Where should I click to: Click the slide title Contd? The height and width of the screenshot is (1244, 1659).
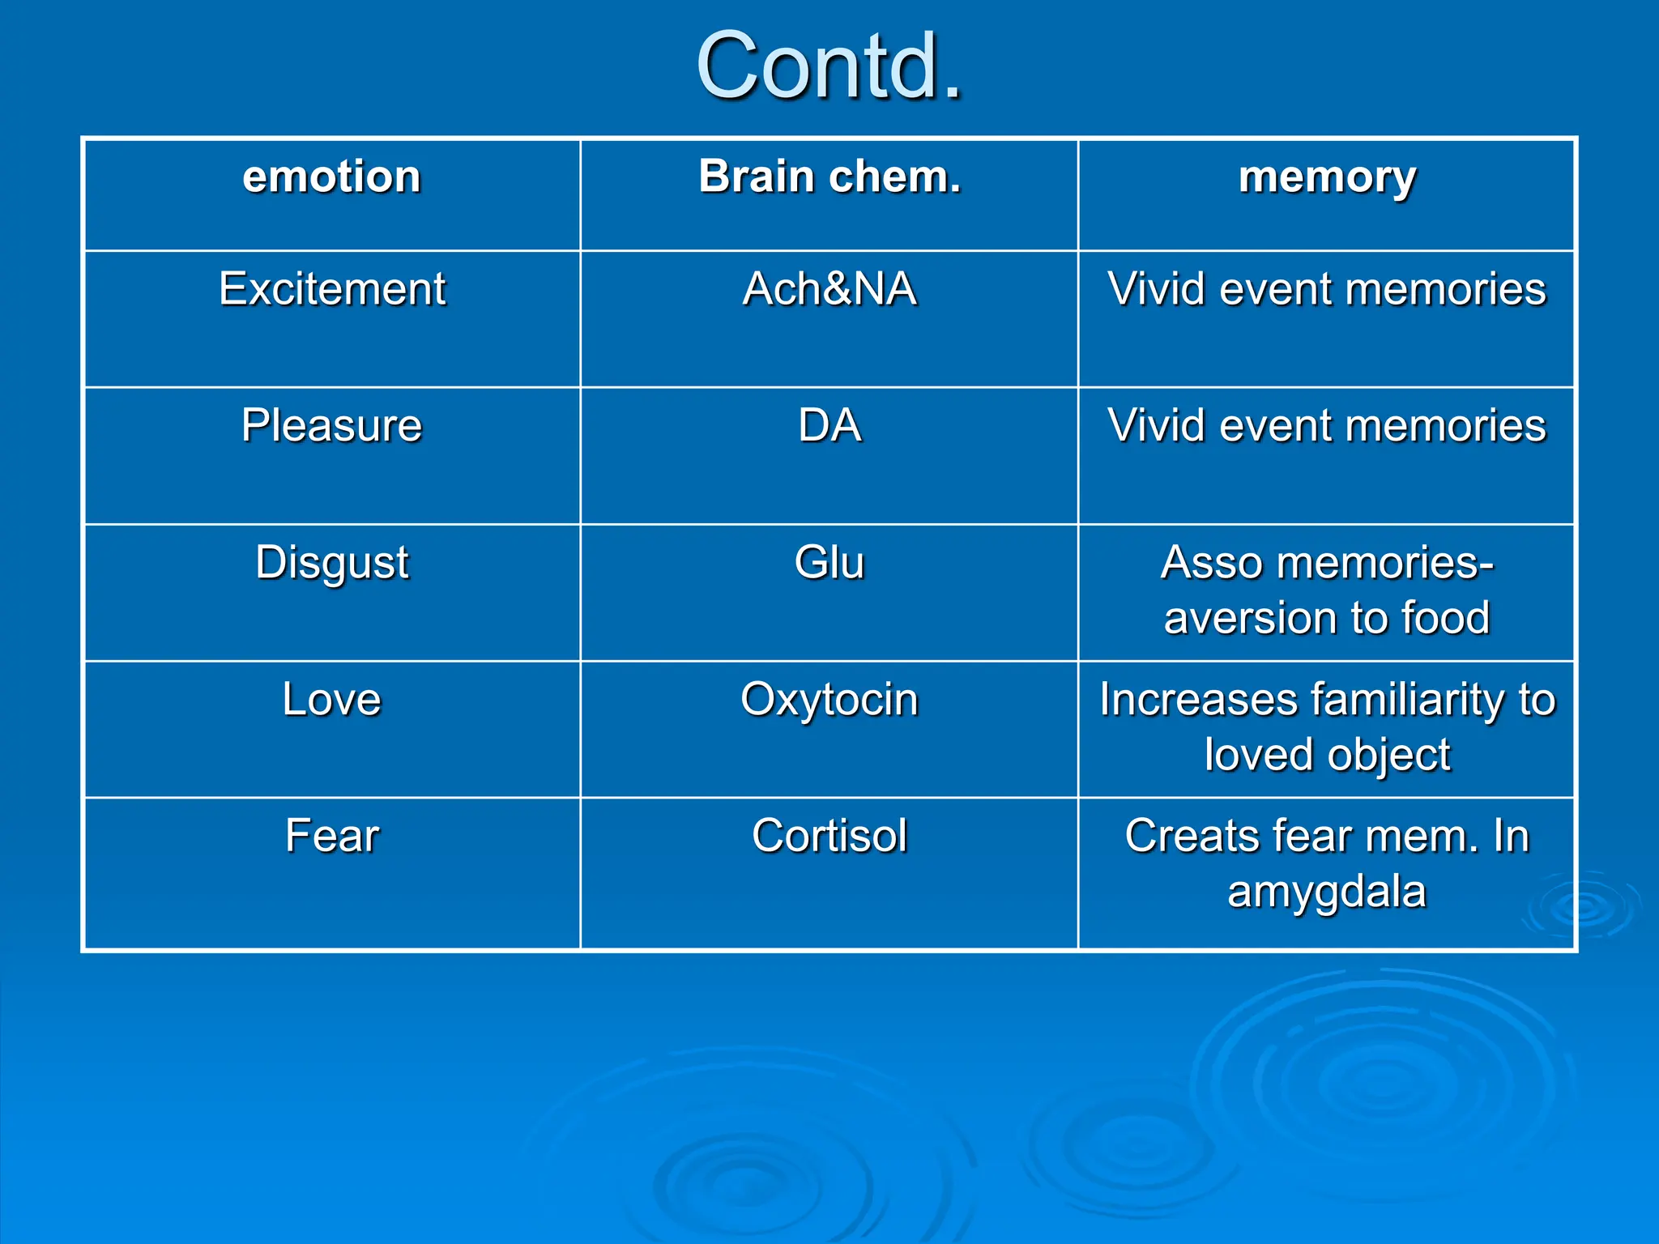829,66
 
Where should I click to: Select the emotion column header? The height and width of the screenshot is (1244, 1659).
331,177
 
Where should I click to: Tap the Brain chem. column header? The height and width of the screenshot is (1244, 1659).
829,177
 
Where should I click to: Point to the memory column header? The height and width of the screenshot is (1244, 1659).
1327,177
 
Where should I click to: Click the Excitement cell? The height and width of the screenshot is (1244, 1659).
331,288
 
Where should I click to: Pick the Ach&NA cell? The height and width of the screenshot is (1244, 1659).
829,288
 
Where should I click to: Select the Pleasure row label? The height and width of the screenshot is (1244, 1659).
331,425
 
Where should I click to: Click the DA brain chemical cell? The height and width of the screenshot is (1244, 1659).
829,425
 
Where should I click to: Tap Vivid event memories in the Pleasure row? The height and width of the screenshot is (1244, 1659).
1327,425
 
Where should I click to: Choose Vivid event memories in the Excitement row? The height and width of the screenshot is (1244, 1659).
1327,288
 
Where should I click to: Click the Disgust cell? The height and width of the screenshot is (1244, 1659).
331,562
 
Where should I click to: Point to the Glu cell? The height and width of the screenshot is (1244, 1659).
829,562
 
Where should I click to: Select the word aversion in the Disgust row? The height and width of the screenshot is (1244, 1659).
1248,618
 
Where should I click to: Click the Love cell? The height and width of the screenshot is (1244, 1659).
331,699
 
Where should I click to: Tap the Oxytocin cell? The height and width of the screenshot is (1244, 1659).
829,699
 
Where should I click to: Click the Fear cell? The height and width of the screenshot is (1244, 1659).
331,836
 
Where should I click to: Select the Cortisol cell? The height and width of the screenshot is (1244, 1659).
829,836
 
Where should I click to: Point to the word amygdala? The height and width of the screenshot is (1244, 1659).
1326,893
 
